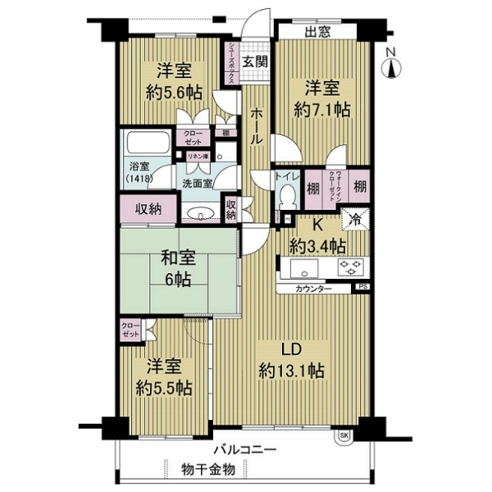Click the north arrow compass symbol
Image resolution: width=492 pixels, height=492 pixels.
tap(391, 62)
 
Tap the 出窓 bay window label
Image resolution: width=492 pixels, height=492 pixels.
tap(317, 34)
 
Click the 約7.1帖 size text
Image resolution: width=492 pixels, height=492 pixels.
tap(318, 107)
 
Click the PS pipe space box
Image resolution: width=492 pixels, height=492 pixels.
tap(362, 288)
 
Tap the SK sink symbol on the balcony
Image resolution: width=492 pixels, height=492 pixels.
tap(344, 435)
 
